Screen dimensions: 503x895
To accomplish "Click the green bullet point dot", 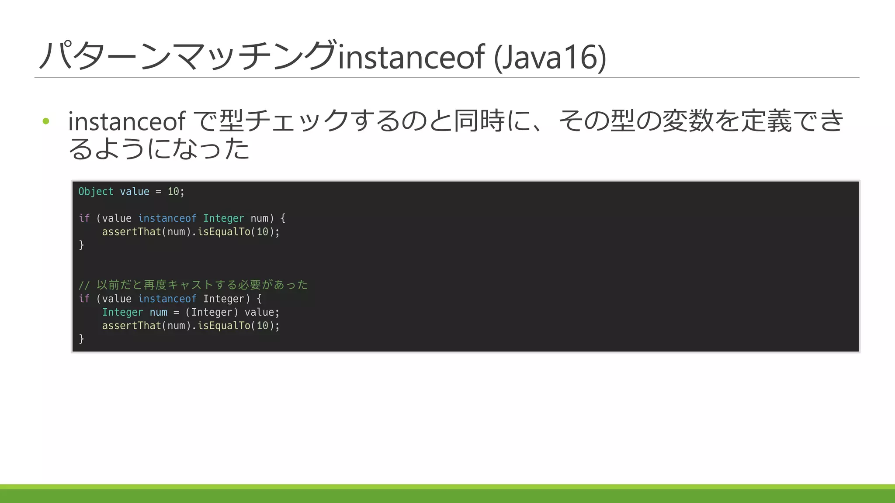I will (46, 121).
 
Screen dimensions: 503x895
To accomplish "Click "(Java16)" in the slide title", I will (550, 57).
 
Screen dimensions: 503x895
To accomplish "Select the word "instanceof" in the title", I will (411, 57).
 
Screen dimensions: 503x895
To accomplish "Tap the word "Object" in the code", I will (96, 192).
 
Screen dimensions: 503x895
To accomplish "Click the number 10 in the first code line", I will (173, 192).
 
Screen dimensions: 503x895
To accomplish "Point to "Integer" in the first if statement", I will (223, 218).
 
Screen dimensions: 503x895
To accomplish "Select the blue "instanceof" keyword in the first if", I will (167, 218).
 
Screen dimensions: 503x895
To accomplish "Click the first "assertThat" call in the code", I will (132, 232).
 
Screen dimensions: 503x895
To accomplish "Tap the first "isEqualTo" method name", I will (224, 232).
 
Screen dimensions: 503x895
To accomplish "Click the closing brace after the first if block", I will (81, 245).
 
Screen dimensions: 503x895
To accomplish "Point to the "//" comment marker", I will (84, 286).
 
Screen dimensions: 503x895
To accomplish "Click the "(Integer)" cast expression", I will (212, 312).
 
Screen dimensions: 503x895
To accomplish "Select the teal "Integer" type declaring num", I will (122, 312).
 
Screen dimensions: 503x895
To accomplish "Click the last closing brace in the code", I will (81, 339).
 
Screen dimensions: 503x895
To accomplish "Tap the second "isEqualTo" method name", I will (224, 326).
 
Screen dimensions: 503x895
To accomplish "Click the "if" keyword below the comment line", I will (84, 299).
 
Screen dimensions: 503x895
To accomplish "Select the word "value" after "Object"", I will (135, 192).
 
